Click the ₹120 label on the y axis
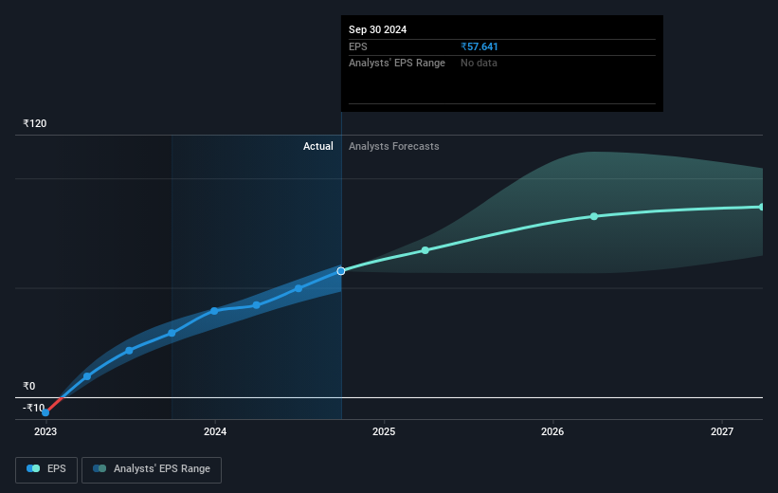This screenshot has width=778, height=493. coord(35,123)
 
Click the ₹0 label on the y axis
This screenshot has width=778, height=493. coord(28,386)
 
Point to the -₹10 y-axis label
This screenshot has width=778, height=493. coord(34,408)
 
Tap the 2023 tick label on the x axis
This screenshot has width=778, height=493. coord(45,431)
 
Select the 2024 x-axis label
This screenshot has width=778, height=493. coord(215,431)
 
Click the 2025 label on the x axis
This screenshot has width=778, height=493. coord(384,431)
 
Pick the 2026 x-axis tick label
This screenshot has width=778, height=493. coord(552,431)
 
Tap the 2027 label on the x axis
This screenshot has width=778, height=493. coord(722,431)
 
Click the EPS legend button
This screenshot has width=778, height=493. coord(46,468)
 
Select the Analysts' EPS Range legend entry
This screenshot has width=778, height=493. coord(152,468)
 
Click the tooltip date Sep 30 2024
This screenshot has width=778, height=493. coord(377,29)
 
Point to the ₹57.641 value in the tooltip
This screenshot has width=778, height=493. coord(485,46)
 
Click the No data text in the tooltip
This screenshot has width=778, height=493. coord(479,64)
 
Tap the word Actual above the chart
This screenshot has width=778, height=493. coord(317,146)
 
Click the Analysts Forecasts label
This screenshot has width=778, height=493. coord(393,146)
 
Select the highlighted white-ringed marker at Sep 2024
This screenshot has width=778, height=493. coord(341,270)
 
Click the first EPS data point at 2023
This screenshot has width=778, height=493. coord(45,412)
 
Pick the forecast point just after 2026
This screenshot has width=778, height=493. coord(594,216)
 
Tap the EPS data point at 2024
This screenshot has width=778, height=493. coord(214,310)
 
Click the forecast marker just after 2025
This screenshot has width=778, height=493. coord(425,250)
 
